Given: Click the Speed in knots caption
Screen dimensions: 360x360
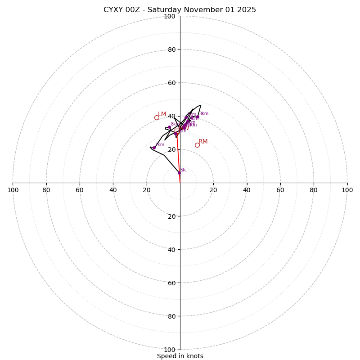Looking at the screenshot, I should [180, 356].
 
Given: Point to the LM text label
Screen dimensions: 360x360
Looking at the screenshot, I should [162, 114].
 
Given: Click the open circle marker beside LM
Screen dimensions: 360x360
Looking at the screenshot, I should [157, 118].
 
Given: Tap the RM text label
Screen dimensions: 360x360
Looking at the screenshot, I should [203, 142].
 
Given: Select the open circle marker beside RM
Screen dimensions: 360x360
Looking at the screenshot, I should [197, 145].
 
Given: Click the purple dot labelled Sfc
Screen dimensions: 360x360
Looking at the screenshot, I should [179, 173].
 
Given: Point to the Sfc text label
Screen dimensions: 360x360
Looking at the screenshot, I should [184, 170].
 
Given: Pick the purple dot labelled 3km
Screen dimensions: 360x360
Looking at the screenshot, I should [198, 117].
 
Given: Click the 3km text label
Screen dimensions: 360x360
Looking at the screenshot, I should [204, 114].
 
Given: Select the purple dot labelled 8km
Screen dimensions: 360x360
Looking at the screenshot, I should [169, 127].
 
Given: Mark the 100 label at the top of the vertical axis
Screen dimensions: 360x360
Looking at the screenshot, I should [170, 16].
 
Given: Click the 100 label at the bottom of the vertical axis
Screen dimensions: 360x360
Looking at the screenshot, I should [170, 350].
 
